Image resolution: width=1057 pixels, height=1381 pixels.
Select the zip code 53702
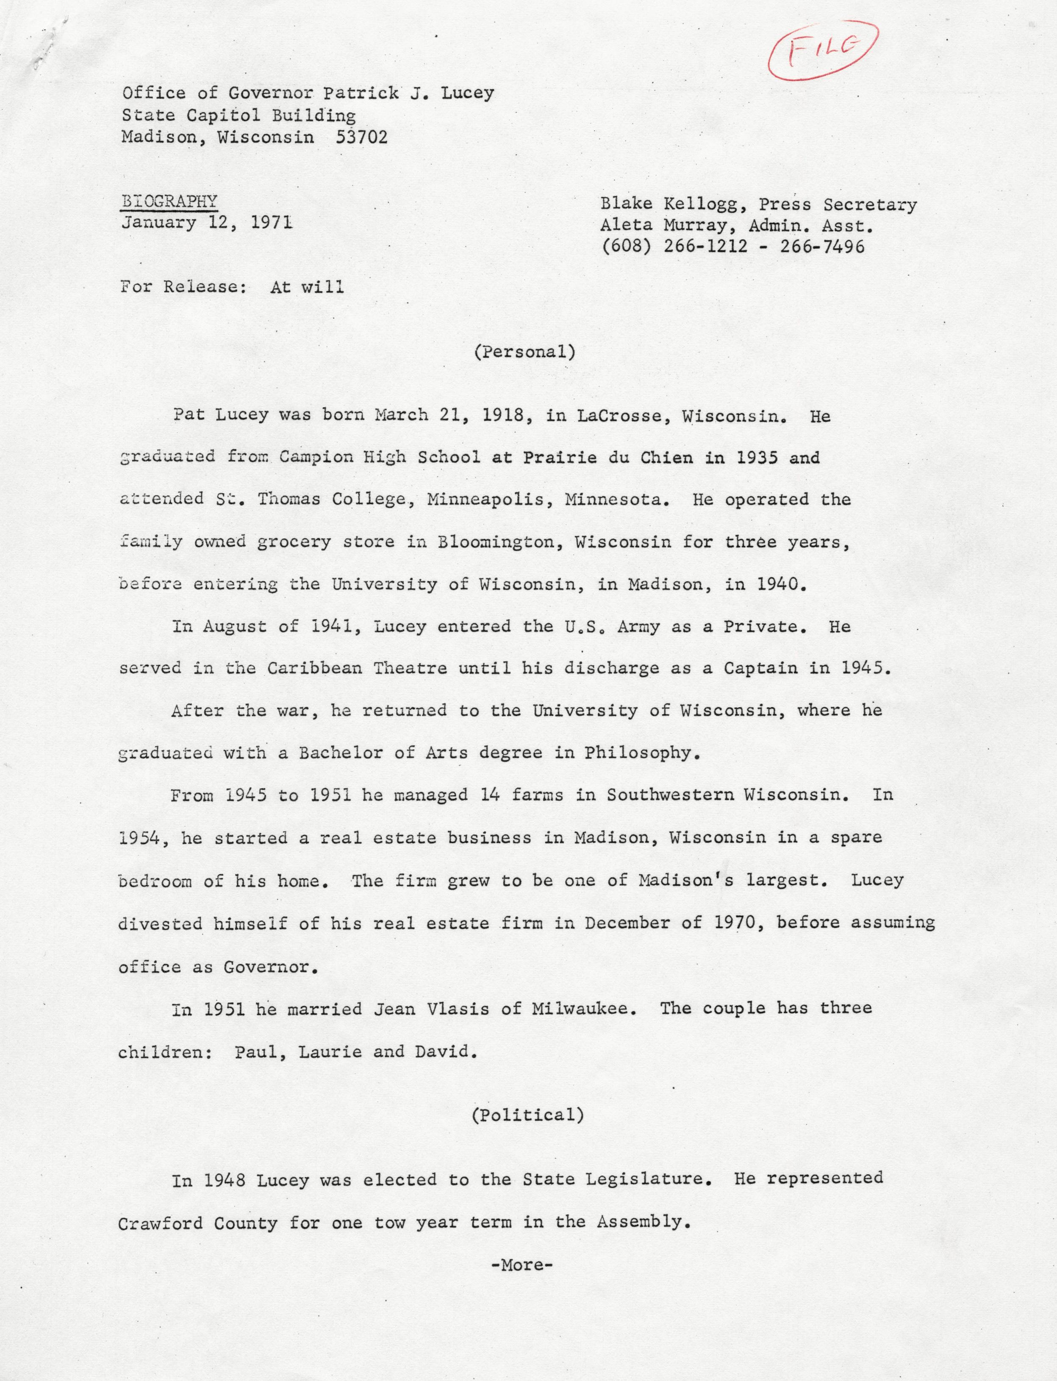click(x=362, y=136)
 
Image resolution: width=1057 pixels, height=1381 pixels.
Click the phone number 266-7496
click(x=822, y=246)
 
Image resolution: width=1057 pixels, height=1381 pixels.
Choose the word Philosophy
click(x=641, y=753)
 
